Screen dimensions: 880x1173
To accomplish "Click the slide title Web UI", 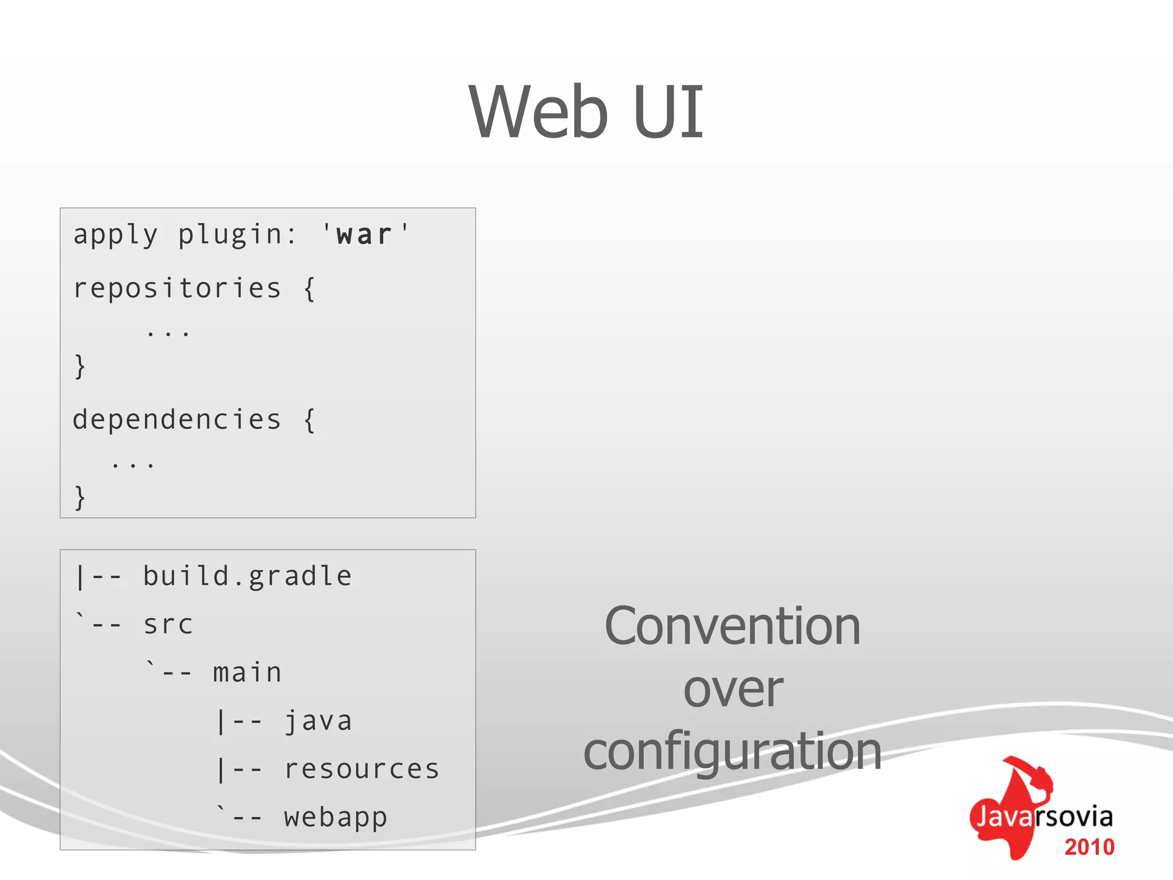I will coord(586,112).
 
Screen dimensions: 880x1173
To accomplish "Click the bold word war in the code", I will coord(364,235).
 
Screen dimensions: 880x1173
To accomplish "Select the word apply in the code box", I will coord(115,235).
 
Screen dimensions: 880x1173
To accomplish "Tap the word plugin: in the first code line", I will coord(237,235).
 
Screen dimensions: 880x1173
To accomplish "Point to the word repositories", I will coord(177,288).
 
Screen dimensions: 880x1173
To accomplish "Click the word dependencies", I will coord(177,420).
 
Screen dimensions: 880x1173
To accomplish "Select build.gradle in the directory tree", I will coord(247,576).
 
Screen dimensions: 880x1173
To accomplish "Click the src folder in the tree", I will coord(168,624).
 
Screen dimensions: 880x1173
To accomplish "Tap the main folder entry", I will coord(247,673).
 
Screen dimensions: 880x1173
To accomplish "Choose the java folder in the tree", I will coord(318,721).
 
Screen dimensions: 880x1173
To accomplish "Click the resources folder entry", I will coord(362,769).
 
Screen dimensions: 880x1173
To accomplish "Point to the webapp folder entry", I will coord(336,818).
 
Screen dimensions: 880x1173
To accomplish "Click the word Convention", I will coord(733,627).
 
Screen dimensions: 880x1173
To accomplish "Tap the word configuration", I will coord(733,752).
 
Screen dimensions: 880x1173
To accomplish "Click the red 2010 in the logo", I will coord(1089,847).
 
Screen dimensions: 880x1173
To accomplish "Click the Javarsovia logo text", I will coord(1044,816).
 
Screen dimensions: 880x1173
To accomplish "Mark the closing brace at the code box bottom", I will coord(80,497).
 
